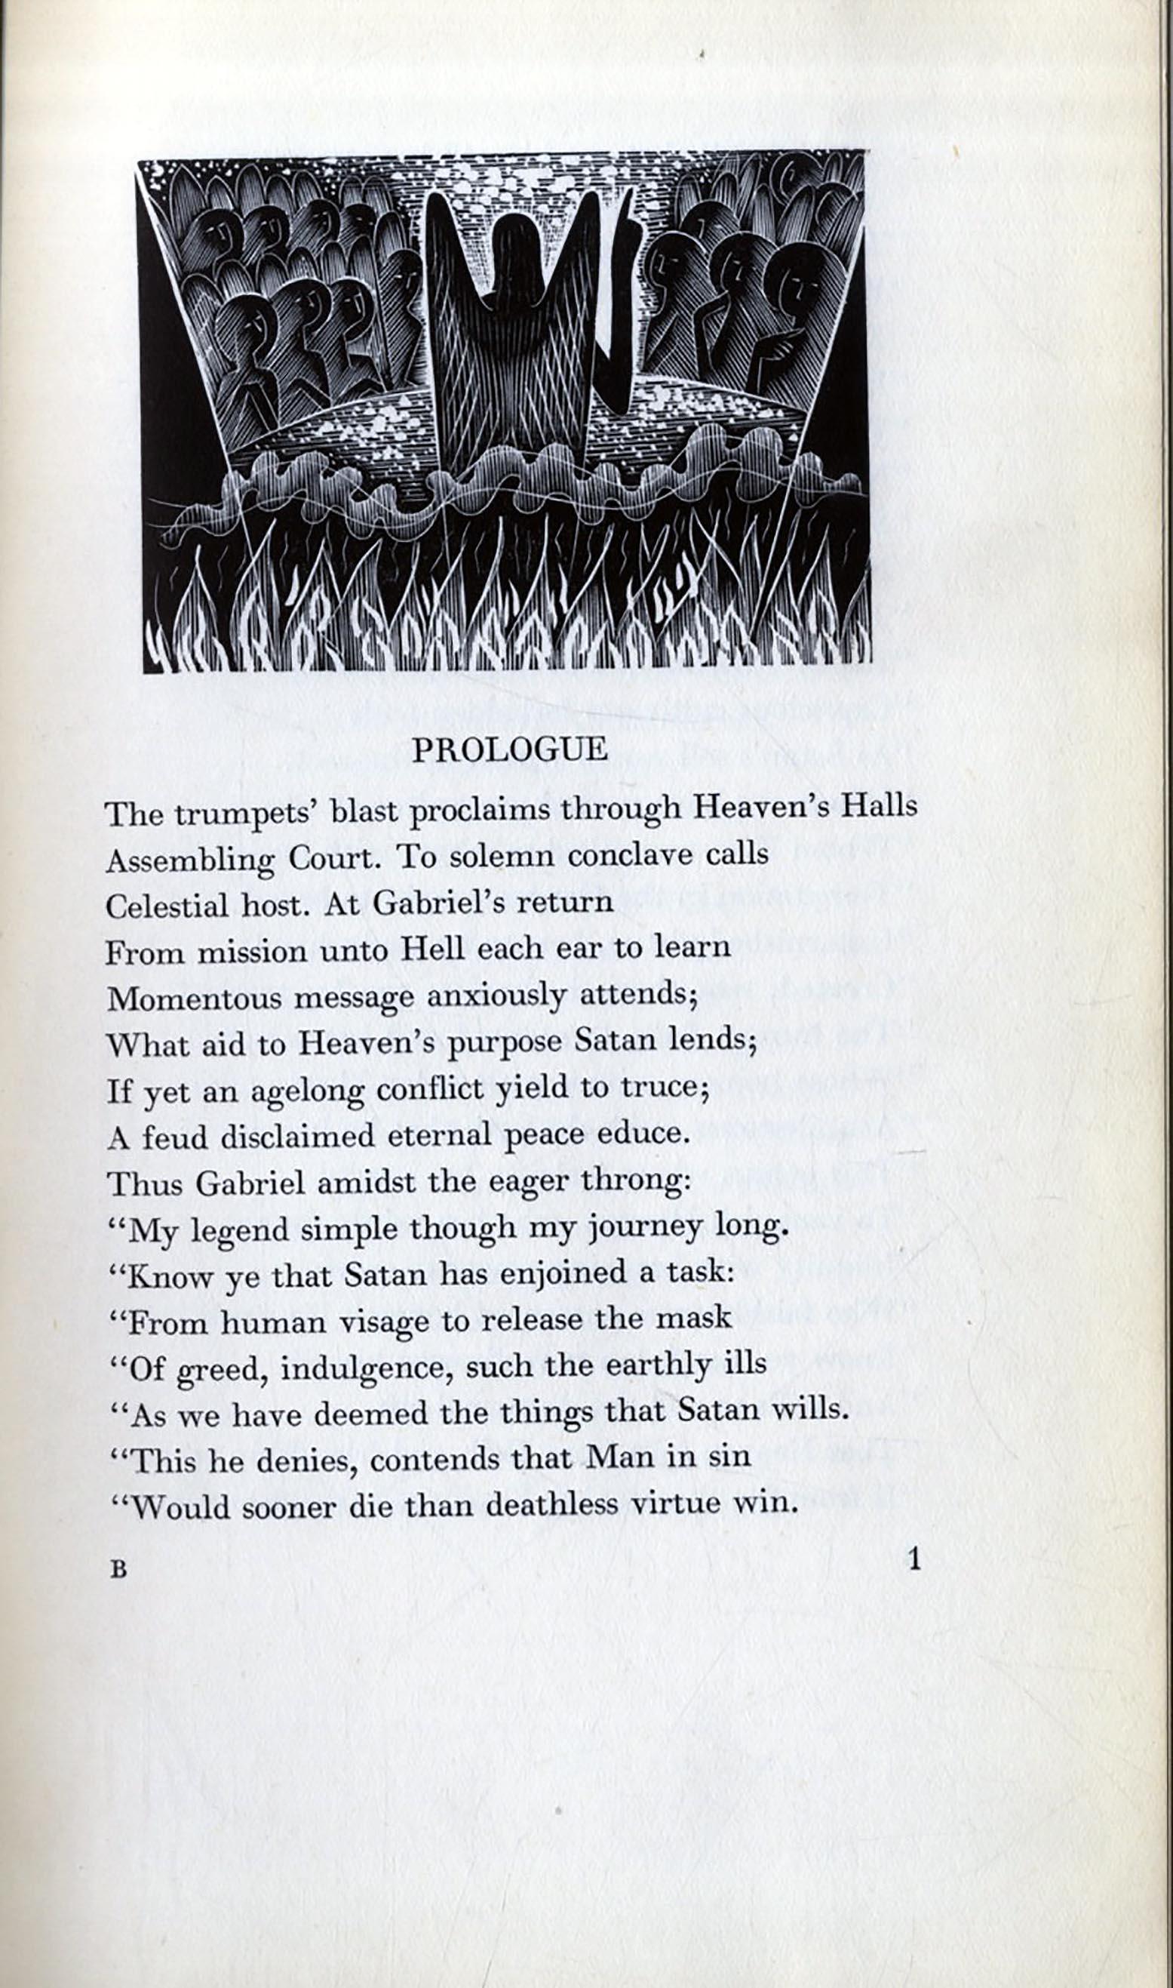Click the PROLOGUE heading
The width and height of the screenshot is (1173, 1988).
tap(510, 750)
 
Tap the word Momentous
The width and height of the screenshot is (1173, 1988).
tap(194, 998)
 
